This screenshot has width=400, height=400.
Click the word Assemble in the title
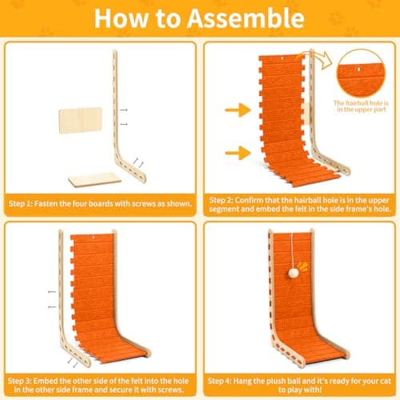pos(246,18)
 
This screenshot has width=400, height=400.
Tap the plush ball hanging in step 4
pos(293,273)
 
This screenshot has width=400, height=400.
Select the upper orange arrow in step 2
pos(238,110)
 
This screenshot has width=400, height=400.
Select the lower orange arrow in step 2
pos(238,153)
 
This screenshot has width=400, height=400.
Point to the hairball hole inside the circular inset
pos(359,70)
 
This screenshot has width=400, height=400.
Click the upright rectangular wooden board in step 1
pos(81,121)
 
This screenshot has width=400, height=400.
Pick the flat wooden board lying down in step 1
pos(94,180)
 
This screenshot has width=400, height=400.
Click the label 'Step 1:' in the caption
pos(20,204)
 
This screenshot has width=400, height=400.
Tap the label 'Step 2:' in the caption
pos(221,200)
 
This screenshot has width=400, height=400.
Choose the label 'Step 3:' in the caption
pos(19,381)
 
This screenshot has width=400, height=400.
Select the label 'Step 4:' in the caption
pos(219,381)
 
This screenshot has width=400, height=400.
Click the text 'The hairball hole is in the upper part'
pos(361,106)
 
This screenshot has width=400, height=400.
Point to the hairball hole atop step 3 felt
pos(94,238)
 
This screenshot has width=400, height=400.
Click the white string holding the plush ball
pos(292,250)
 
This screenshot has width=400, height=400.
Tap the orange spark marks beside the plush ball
pos(302,266)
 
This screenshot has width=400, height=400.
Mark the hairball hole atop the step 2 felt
pos(282,58)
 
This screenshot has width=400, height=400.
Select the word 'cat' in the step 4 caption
pos(386,381)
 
